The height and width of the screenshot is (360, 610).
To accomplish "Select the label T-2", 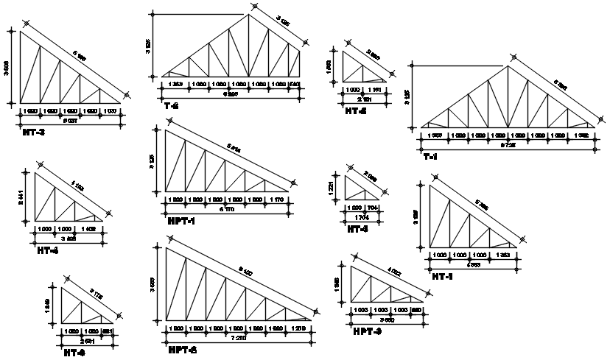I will point(171,105).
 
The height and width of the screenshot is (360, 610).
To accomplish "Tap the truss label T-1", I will point(430,157).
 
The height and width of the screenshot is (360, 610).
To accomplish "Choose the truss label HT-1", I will point(443,276).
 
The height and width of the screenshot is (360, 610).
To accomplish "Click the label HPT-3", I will point(367,332).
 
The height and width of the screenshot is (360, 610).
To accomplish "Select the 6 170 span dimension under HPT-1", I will point(228,209).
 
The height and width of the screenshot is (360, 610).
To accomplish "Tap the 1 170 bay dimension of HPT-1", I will point(276,200).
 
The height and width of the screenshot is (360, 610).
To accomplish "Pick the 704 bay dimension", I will point(373,208).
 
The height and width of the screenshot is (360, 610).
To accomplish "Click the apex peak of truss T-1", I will point(508,66).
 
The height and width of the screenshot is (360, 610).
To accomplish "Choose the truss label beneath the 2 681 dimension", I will point(74,353).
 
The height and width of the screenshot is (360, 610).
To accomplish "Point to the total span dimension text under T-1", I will point(508,146).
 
